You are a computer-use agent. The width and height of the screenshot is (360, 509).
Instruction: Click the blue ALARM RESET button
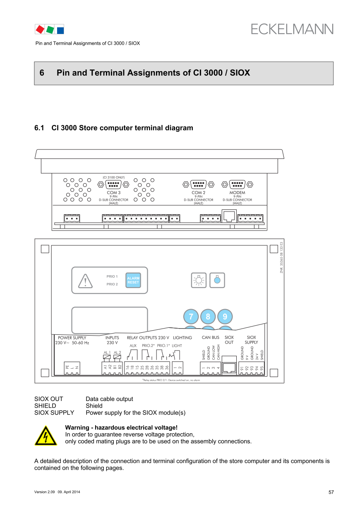133,280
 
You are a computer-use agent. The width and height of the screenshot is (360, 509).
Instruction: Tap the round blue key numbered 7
191,317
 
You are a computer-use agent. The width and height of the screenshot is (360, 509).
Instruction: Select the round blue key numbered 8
208,317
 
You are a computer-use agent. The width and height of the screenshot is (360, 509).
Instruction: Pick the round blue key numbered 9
225,317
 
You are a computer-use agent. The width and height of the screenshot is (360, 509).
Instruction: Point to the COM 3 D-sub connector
113,185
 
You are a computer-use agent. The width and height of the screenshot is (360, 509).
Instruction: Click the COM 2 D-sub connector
198,184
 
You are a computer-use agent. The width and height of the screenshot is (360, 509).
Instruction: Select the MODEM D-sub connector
237,184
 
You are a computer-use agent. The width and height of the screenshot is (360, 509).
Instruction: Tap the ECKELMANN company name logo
292,29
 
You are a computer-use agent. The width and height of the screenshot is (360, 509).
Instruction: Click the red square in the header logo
40,29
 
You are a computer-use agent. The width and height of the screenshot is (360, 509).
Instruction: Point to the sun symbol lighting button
199,280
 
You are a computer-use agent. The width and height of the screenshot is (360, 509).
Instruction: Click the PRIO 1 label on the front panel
112,276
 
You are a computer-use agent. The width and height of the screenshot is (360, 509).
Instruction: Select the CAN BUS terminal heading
210,338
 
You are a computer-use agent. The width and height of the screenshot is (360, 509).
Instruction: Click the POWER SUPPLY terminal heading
72,338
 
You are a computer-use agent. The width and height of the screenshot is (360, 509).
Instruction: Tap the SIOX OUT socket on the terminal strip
229,367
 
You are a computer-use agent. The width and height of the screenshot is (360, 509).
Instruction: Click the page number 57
331,492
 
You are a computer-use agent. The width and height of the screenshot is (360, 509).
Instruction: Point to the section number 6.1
39,128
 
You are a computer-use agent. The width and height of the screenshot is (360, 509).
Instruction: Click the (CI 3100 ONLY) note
113,178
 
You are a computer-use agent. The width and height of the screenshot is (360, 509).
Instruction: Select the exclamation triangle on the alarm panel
85,281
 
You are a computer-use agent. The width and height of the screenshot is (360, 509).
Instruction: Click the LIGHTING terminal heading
182,338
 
